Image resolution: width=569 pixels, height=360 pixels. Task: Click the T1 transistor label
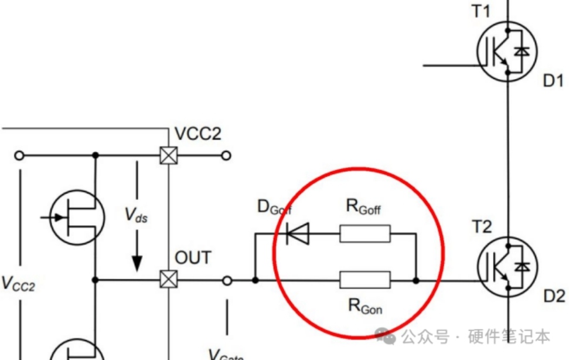click(482, 11)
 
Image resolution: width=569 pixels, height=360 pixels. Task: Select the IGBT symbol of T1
click(505, 50)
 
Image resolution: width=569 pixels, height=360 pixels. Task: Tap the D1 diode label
click(553, 80)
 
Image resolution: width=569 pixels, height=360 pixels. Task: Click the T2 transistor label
click(482, 227)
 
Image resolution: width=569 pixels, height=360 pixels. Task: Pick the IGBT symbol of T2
click(505, 266)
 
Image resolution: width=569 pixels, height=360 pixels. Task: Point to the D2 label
click(554, 296)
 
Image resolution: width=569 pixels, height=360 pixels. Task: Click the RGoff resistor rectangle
click(364, 235)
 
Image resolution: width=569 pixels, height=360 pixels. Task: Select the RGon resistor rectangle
click(364, 280)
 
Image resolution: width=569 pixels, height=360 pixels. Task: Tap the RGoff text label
click(364, 206)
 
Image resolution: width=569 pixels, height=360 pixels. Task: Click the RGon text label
click(364, 306)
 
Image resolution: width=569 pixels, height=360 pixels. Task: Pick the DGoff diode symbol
click(297, 235)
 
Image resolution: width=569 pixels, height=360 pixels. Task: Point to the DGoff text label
click(274, 207)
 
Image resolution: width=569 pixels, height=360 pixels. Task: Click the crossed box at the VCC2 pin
click(169, 156)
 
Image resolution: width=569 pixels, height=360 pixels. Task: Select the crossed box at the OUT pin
click(169, 280)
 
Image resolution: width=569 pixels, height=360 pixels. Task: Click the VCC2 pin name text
click(198, 134)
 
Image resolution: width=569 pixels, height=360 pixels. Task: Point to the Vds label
click(136, 215)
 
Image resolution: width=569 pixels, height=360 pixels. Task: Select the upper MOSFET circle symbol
click(76, 218)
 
